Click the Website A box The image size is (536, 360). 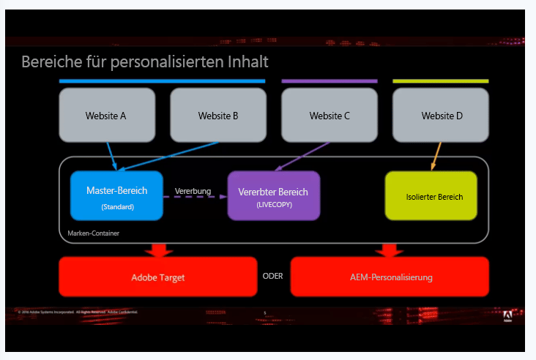point(106,116)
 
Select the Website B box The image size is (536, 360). point(218,116)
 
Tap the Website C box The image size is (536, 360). point(330,116)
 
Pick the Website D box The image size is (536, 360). point(441,116)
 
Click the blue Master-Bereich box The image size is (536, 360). point(117,195)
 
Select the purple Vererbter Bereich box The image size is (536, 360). point(273,195)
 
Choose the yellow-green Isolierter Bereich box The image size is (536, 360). point(431,196)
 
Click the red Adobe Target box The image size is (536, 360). point(157,277)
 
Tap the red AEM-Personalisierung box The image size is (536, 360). point(389,277)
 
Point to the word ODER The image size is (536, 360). point(272,277)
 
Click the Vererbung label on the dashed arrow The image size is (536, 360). point(193,191)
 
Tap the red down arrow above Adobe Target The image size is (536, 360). point(158,250)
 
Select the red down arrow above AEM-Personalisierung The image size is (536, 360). point(390,250)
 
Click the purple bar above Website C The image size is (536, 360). point(330,80)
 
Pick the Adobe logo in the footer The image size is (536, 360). point(507,316)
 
